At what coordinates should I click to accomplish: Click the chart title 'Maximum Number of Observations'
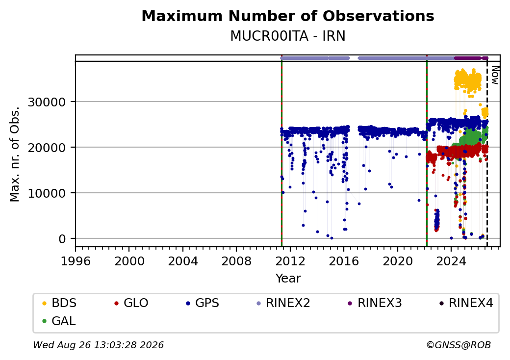click(x=288, y=16)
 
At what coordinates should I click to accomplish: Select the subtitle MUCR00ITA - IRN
click(x=288, y=36)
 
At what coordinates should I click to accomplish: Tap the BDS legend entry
click(x=59, y=303)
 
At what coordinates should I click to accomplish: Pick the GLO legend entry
click(x=131, y=303)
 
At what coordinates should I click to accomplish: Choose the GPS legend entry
click(x=203, y=303)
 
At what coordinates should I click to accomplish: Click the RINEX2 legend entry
click(x=283, y=303)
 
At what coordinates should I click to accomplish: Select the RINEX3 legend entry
click(x=375, y=303)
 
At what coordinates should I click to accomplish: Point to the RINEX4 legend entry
click(x=466, y=303)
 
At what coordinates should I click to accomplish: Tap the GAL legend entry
click(x=59, y=321)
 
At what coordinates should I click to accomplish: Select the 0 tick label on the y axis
click(x=62, y=239)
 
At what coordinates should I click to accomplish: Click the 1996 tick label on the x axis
click(x=76, y=261)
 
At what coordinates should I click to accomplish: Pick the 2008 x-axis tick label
click(x=236, y=261)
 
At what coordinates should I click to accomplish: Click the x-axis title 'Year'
click(x=288, y=279)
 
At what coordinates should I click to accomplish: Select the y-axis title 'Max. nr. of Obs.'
click(x=15, y=154)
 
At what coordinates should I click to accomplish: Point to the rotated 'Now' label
click(x=495, y=75)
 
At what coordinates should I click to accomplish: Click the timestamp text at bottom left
click(x=99, y=345)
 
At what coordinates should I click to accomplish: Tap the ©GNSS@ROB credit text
click(x=459, y=345)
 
